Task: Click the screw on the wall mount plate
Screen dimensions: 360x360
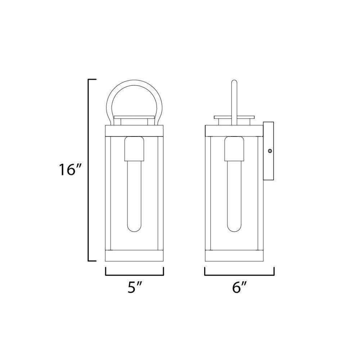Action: [x=270, y=151]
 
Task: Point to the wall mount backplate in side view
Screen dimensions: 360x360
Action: [x=269, y=152]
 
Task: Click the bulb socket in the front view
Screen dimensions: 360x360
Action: [x=134, y=149]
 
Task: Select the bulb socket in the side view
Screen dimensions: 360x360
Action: [x=234, y=149]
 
